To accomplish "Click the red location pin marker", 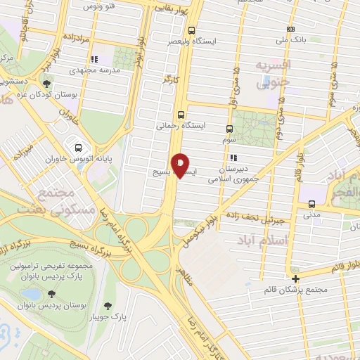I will click(181, 165).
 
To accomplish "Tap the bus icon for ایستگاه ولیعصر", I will click(192, 30).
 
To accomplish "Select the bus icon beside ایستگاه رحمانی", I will click(181, 114).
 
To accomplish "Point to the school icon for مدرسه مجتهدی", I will click(95, 59).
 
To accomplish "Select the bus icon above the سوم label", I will click(229, 129).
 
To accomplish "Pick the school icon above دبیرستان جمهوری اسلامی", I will click(233, 157).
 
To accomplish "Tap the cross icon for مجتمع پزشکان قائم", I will click(295, 278).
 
